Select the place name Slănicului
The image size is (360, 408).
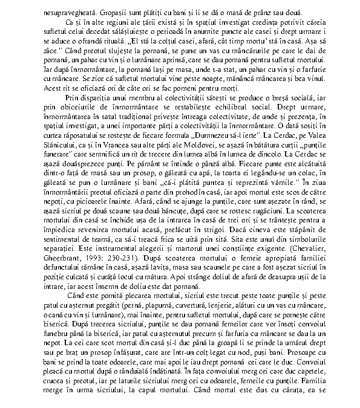click(x=62, y=151)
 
